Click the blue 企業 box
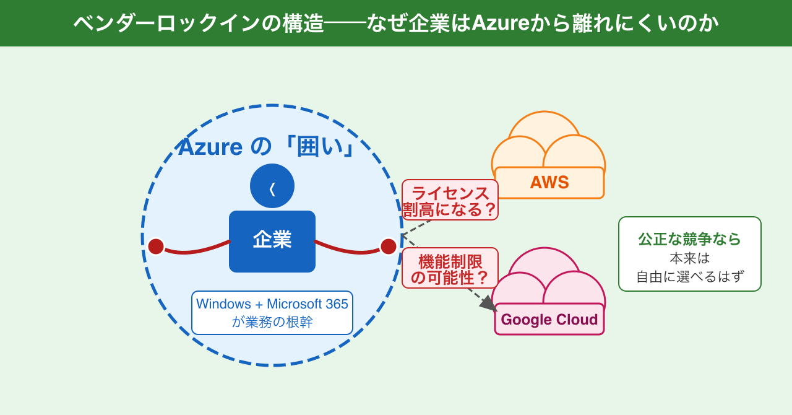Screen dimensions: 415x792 point(272,242)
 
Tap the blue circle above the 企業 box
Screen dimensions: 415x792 point(272,186)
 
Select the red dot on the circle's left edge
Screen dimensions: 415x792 point(156,247)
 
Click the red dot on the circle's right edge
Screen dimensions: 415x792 point(389,247)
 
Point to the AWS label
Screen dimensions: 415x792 point(549,183)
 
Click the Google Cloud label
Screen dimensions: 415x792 point(549,320)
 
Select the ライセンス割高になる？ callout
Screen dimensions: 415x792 point(450,200)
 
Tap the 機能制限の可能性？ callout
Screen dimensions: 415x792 point(450,268)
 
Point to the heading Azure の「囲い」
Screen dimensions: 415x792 point(266,147)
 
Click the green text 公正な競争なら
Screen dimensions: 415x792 point(690,239)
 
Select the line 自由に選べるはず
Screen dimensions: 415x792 point(690,276)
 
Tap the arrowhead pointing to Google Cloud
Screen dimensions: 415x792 point(488,304)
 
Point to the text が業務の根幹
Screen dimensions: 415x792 point(272,322)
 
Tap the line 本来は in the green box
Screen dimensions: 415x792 point(690,258)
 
